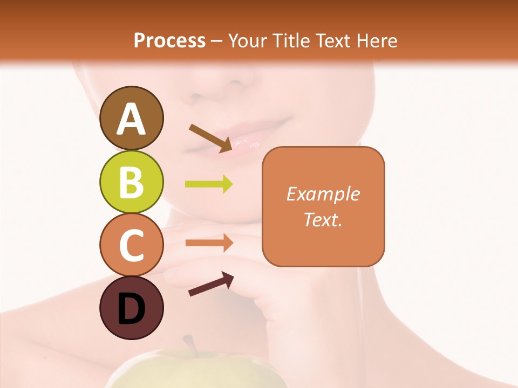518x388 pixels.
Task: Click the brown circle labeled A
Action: click(x=131, y=118)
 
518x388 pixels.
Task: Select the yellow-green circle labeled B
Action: click(x=131, y=182)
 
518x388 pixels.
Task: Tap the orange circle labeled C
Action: click(x=131, y=244)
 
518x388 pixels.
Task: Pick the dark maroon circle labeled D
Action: click(x=131, y=308)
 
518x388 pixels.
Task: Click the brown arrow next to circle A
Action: click(x=210, y=138)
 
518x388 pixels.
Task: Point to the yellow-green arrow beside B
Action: click(x=209, y=184)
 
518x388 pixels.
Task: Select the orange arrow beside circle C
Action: click(x=209, y=243)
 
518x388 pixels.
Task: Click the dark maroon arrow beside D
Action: click(x=210, y=284)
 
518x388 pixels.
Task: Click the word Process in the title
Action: click(x=169, y=40)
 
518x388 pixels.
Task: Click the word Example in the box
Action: click(x=323, y=194)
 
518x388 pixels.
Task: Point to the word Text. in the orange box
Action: click(x=323, y=219)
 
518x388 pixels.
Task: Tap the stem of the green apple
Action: click(x=190, y=345)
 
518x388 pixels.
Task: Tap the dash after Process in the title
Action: click(x=217, y=41)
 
